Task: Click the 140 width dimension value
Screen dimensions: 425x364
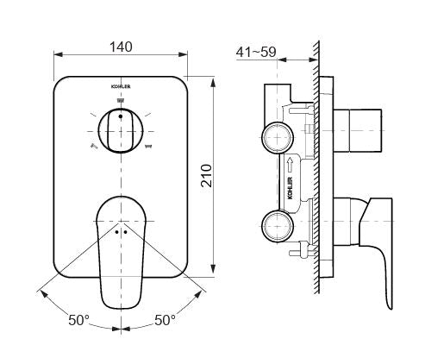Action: click(x=121, y=47)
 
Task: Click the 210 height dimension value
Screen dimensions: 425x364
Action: click(x=206, y=176)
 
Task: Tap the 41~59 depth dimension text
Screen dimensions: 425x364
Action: click(x=256, y=53)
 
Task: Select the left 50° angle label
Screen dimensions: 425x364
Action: click(x=78, y=320)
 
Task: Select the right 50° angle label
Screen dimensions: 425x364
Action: click(x=165, y=320)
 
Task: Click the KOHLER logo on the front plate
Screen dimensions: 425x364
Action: click(x=121, y=86)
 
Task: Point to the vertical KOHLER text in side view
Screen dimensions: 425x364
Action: click(x=290, y=188)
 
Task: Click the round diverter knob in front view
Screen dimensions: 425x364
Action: click(x=121, y=131)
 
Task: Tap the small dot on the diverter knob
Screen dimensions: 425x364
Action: click(x=121, y=116)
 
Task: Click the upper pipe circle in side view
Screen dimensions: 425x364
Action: click(x=278, y=137)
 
